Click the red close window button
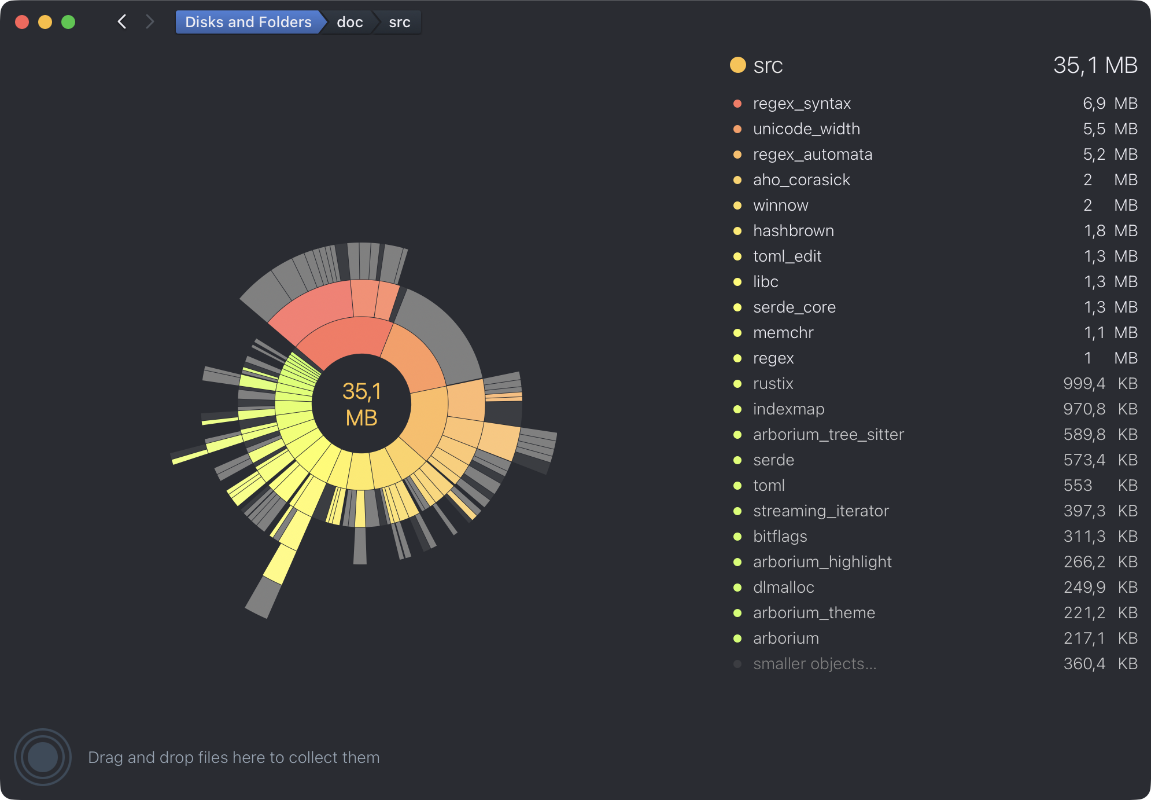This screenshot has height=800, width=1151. pyautogui.click(x=22, y=22)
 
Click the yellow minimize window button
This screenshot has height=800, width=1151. pyautogui.click(x=45, y=22)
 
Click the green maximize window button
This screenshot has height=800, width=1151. pyautogui.click(x=68, y=22)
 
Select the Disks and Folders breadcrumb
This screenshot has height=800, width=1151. pyautogui.click(x=248, y=22)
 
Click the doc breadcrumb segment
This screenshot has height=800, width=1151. pyautogui.click(x=350, y=22)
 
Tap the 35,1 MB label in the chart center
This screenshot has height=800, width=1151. pyautogui.click(x=361, y=404)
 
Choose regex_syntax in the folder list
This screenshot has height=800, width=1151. pyautogui.click(x=802, y=104)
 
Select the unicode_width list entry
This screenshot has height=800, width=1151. pyautogui.click(x=806, y=129)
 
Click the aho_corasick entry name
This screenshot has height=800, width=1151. pyautogui.click(x=802, y=180)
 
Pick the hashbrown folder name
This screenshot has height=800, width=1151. pyautogui.click(x=794, y=231)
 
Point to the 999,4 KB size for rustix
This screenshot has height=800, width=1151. pyautogui.click(x=1100, y=384)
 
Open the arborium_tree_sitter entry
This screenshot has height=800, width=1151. pyautogui.click(x=828, y=435)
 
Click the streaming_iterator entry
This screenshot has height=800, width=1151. pyautogui.click(x=821, y=511)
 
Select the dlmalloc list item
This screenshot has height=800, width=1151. pyautogui.click(x=784, y=588)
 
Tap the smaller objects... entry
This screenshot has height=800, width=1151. pyautogui.click(x=814, y=664)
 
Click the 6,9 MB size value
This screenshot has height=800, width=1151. pyautogui.click(x=1109, y=104)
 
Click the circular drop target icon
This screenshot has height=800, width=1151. pyautogui.click(x=43, y=757)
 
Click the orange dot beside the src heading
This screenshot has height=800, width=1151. pyautogui.click(x=738, y=65)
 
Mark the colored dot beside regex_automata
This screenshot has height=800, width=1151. pyautogui.click(x=737, y=155)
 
